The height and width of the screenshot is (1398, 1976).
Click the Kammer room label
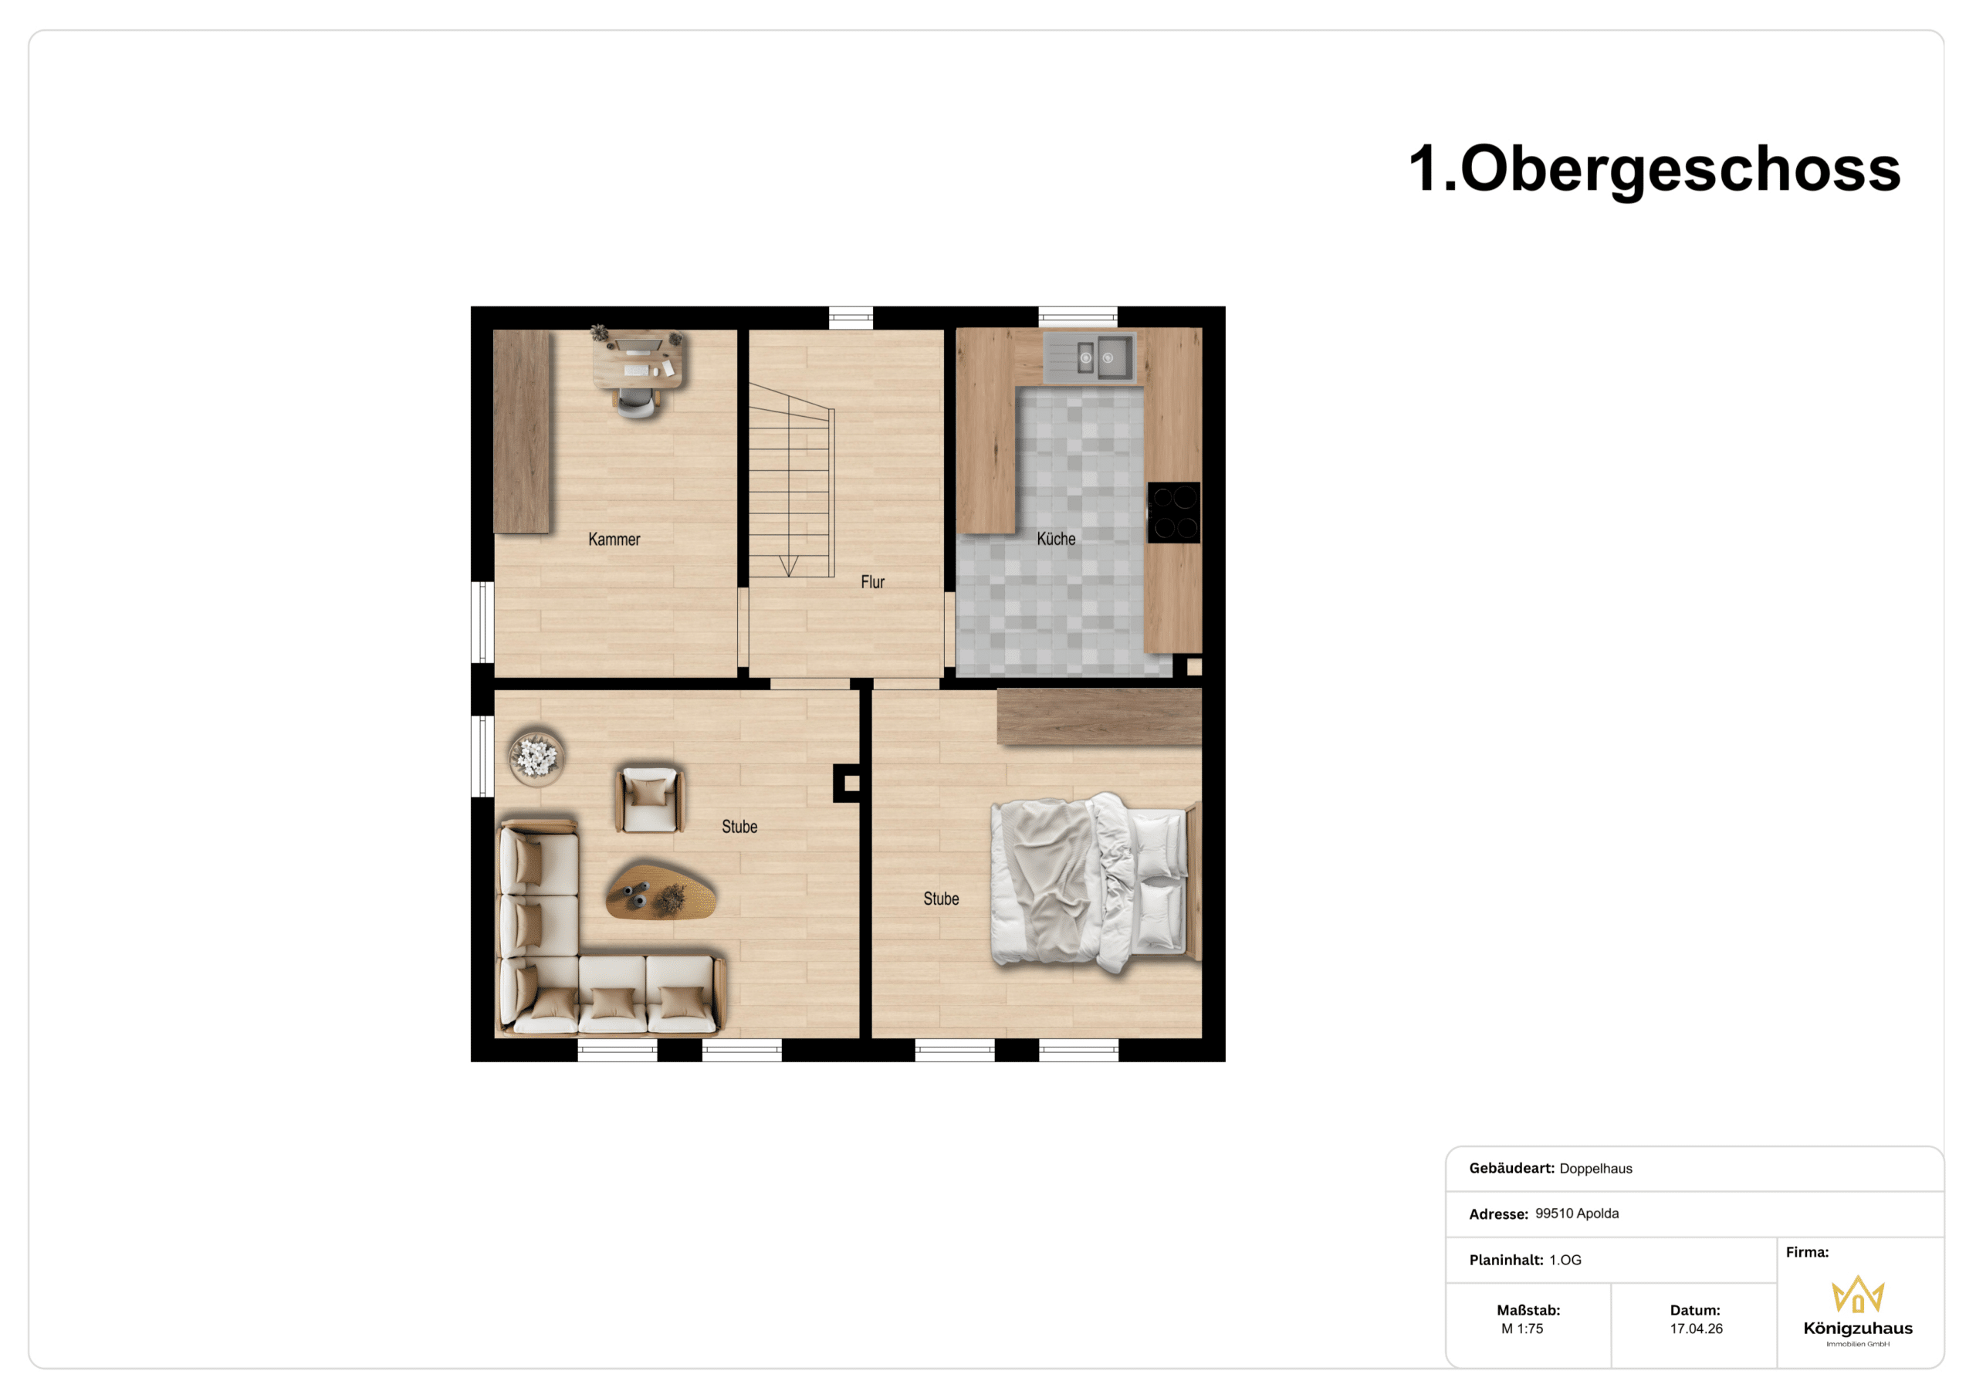[614, 540]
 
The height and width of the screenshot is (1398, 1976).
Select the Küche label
[1056, 539]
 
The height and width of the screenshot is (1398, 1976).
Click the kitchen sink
[1090, 357]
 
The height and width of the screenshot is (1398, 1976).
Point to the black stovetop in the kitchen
[1174, 513]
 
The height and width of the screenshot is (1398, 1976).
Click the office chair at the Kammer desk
[638, 402]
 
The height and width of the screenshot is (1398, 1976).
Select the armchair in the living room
[650, 800]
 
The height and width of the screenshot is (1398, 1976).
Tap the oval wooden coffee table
[661, 891]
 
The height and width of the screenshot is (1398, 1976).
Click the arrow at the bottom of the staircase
[789, 566]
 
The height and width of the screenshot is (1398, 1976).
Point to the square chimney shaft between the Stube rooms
[851, 784]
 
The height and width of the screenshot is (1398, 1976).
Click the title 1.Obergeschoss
[1654, 169]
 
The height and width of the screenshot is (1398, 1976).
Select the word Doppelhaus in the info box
[1595, 1168]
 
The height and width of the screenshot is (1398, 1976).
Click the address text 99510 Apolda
[1577, 1213]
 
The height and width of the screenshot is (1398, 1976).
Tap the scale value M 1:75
[1521, 1329]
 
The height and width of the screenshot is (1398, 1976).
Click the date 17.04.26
[1697, 1329]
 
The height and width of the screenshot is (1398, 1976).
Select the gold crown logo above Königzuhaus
[1858, 1294]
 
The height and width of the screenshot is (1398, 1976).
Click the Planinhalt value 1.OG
[1565, 1259]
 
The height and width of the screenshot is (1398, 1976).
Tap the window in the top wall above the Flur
[851, 317]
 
